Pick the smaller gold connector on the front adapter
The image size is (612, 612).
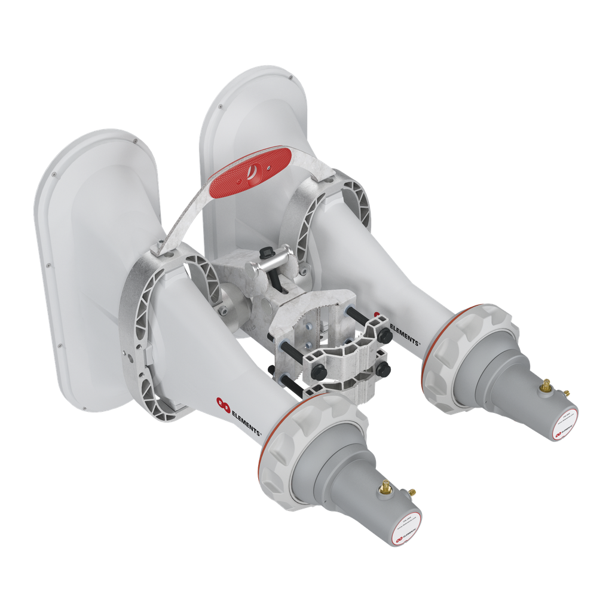tap(412, 492)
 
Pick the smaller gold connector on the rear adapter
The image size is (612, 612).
tap(566, 393)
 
